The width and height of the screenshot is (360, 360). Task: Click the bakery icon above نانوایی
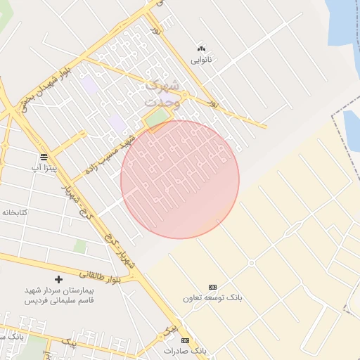click(202, 49)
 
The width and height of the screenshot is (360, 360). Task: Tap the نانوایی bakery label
click(202, 60)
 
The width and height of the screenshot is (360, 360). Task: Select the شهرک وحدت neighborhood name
click(162, 94)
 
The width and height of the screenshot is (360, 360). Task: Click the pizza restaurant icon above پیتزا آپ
click(44, 156)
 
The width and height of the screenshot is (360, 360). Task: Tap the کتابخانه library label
click(14, 211)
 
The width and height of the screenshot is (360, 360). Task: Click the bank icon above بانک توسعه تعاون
click(213, 287)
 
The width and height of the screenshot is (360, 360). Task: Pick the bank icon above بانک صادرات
click(186, 340)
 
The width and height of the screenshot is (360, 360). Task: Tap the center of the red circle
click(180, 179)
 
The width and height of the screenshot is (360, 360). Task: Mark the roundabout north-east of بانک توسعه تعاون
click(251, 263)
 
